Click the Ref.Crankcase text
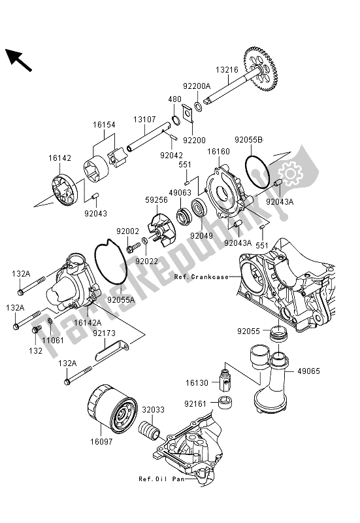pos(201,277)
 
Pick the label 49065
pos(327,370)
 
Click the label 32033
pos(153,410)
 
